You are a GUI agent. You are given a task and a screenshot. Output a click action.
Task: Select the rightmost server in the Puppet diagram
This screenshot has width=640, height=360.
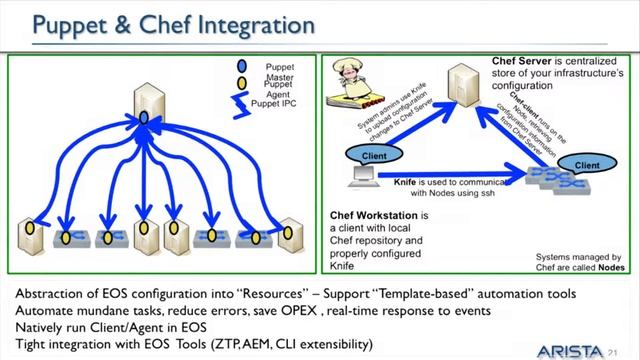coord(292,235)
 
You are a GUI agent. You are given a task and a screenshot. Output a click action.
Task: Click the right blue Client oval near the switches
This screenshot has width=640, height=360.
coord(586,162)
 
